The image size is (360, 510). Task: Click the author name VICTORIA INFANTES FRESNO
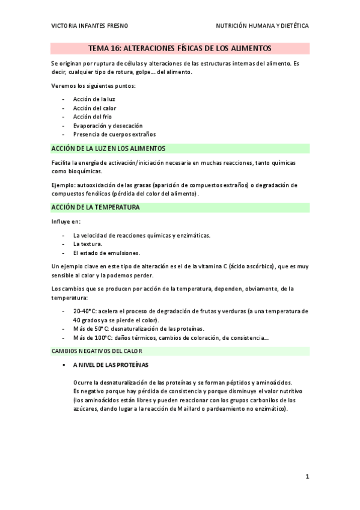90,26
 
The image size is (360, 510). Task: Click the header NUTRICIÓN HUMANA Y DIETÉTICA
262,26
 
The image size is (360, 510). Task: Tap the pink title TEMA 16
180,48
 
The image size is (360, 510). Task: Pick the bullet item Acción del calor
95,108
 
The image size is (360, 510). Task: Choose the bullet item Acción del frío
92,117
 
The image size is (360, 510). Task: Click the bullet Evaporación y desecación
108,126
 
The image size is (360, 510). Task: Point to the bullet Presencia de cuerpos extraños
114,134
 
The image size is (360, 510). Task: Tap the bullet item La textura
87,244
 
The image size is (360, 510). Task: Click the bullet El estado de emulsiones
106,253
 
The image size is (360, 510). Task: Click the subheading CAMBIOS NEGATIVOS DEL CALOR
97,351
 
